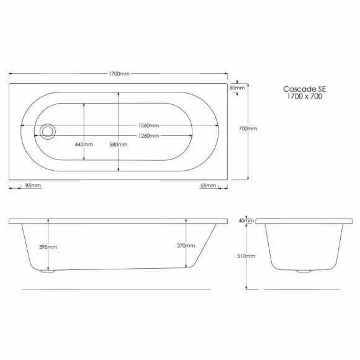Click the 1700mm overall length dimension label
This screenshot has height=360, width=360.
coord(119,73)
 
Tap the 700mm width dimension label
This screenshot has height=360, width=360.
coord(248,128)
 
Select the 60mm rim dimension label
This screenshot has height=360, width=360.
coord(237,88)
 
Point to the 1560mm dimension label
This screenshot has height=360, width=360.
coord(148,125)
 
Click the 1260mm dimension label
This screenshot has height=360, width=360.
coord(148,136)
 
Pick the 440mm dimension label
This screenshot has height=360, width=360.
coord(84,145)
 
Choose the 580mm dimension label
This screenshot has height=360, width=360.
coord(118,145)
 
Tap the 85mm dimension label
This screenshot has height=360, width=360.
coord(34,186)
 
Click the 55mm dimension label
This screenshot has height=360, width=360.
coord(208,186)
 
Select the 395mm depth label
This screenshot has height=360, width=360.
coord(48,247)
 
